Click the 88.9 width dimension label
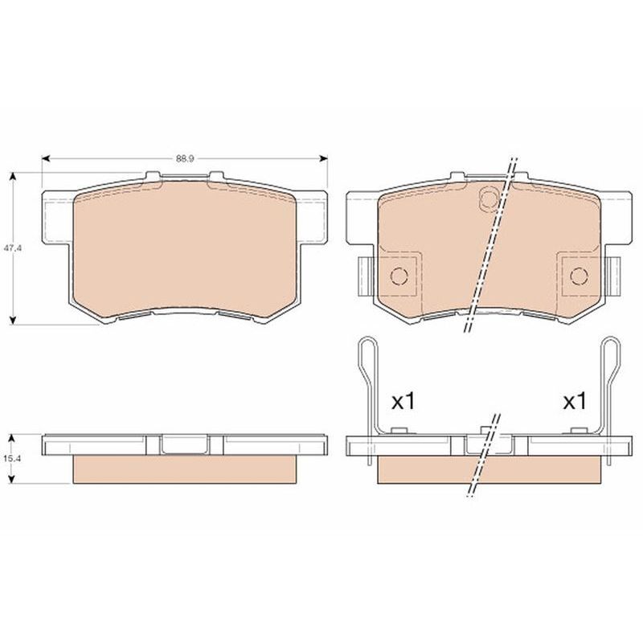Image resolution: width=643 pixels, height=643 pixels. coord(184,158)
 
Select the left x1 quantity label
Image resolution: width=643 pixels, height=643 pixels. coord(402,402)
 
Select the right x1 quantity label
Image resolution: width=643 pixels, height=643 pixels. coord(574,402)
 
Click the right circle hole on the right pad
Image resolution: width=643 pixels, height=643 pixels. coord(578,276)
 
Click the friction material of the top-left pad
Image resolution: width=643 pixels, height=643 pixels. coord(185,249)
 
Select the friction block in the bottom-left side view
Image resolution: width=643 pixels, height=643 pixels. coord(185,471)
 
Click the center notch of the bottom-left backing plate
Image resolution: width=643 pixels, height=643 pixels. coord(185,444)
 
